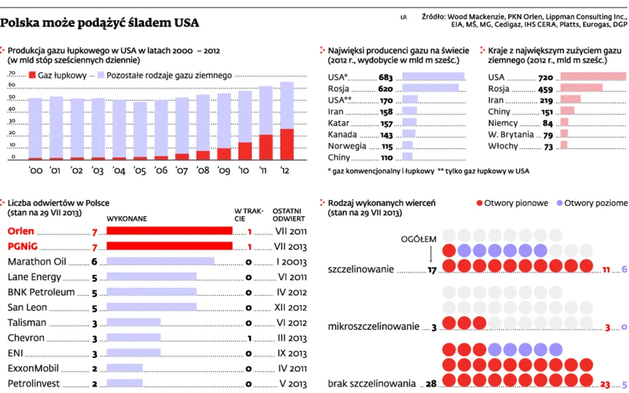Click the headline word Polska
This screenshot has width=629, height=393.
point(22,23)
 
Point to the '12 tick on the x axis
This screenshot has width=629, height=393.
point(286,170)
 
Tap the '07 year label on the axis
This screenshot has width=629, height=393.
point(182,170)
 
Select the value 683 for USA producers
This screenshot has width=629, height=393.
point(385,77)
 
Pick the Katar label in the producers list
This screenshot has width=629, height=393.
point(337,123)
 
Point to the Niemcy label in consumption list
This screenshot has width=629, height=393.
point(503,123)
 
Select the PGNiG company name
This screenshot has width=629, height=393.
point(25,246)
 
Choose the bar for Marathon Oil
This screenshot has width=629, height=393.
point(160,261)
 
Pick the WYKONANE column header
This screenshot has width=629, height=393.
point(127,218)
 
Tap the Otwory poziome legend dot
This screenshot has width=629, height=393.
point(558,203)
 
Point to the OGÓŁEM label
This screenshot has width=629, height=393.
point(419,239)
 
